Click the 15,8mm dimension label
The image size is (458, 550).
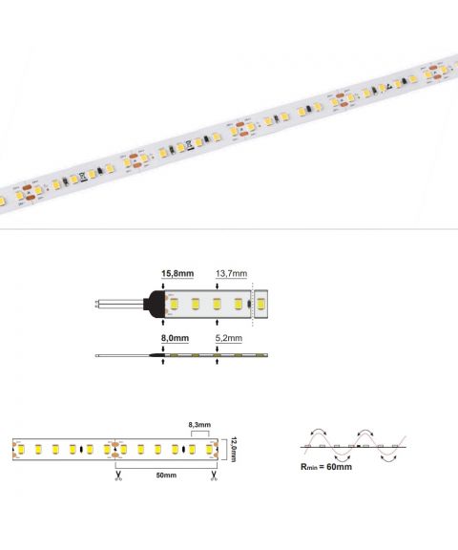(x=177, y=273)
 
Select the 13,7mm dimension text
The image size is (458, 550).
(x=231, y=273)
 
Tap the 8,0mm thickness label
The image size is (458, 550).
(x=175, y=338)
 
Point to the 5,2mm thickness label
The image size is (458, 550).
(x=228, y=338)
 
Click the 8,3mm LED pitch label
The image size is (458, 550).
(x=199, y=425)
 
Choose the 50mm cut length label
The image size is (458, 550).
(x=166, y=476)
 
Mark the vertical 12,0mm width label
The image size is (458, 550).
(x=234, y=450)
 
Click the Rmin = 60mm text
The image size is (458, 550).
(x=326, y=467)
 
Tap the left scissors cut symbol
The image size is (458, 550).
(x=118, y=476)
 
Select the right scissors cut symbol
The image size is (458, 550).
(x=214, y=476)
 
